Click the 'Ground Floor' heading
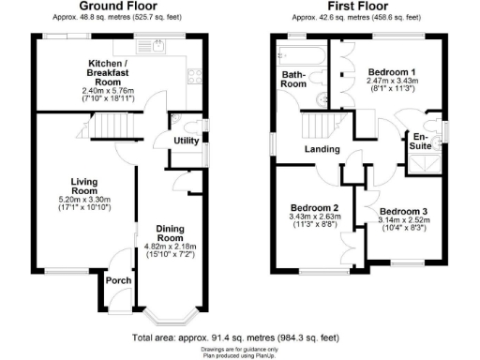tap(119, 7)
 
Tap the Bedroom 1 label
tap(392, 72)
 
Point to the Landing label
tap(322, 148)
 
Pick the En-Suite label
tap(423, 142)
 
